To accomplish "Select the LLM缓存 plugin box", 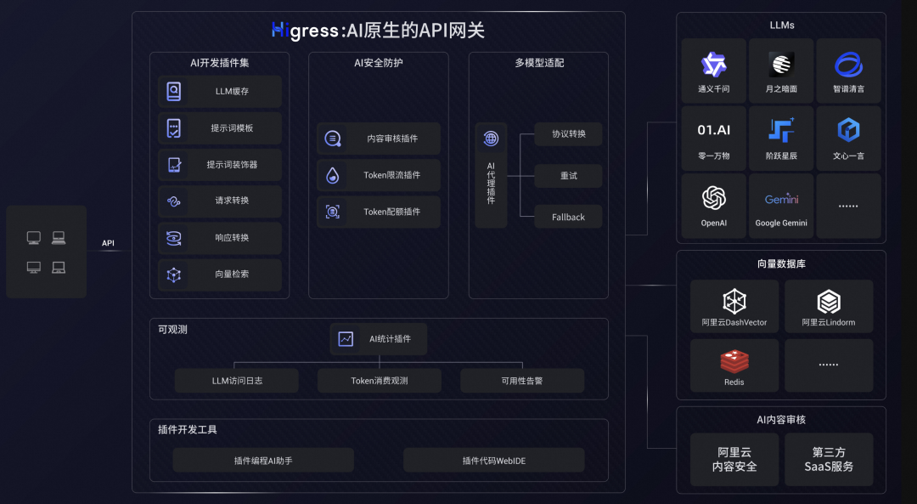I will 219,92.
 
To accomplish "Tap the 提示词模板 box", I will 219,128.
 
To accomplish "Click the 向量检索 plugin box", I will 219,275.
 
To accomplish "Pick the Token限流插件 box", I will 379,175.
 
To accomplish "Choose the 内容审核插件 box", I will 379,139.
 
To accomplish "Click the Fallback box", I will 568,217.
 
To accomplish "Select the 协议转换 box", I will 568,134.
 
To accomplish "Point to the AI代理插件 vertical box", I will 491,175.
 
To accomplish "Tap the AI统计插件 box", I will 379,339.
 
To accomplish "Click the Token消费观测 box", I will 380,381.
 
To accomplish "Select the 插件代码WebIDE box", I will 493,461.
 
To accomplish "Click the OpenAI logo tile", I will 713,206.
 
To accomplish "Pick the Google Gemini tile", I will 781,206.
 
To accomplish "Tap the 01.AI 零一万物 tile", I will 713,138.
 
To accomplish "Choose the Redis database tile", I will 734,365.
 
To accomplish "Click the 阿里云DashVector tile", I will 734,306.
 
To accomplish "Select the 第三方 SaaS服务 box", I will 829,460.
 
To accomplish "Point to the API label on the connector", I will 108,244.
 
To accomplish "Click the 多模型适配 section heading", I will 538,63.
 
